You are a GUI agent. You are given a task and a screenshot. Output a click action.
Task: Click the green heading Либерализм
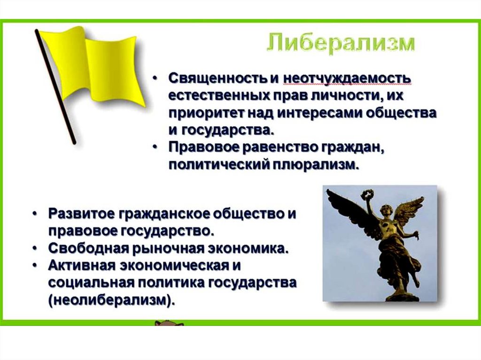(341, 45)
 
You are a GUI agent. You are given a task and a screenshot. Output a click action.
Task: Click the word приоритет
(206, 114)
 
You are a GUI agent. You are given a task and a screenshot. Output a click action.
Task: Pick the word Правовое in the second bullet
(204, 148)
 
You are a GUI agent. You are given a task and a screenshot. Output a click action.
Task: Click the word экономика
(248, 248)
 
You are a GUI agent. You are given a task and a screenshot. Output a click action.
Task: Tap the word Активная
(82, 266)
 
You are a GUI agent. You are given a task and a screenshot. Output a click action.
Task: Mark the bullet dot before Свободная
(36, 248)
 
